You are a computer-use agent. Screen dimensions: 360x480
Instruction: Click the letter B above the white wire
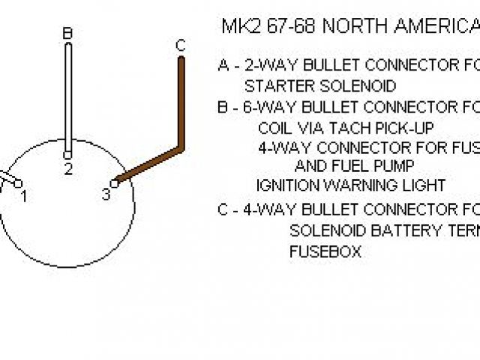[67, 33]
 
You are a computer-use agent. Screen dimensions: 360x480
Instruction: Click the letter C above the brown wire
[180, 46]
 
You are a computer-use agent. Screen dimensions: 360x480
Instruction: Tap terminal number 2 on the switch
[68, 169]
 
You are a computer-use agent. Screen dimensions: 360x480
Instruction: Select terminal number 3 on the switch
[106, 195]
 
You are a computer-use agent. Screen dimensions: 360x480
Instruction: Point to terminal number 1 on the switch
[24, 196]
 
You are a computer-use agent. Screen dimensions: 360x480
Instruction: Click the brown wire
[180, 105]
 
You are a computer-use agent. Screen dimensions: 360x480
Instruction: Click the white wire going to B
[67, 97]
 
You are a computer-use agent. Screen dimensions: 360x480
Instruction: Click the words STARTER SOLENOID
[320, 86]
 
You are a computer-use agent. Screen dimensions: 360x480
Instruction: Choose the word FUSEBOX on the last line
[325, 252]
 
